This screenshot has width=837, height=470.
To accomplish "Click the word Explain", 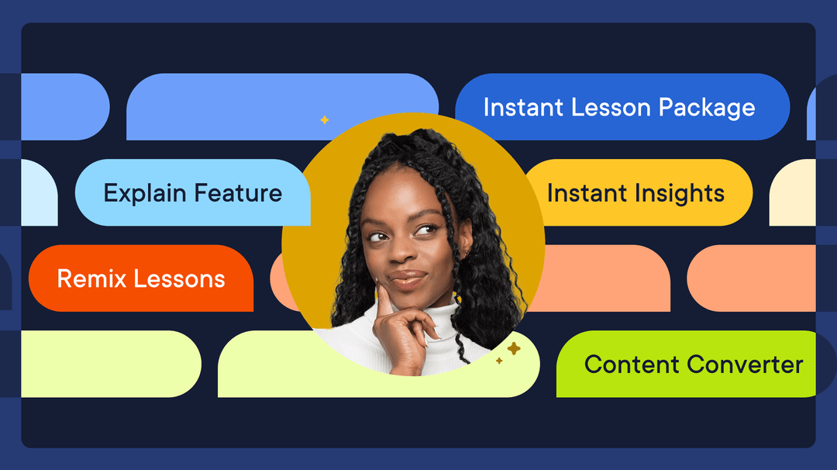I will pyautogui.click(x=145, y=193).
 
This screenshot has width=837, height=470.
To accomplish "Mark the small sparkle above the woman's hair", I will pyautogui.click(x=324, y=119).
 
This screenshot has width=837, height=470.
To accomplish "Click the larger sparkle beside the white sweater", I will pyautogui.click(x=513, y=349).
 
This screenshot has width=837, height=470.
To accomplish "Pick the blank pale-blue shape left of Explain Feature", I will pyautogui.click(x=39, y=194).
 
